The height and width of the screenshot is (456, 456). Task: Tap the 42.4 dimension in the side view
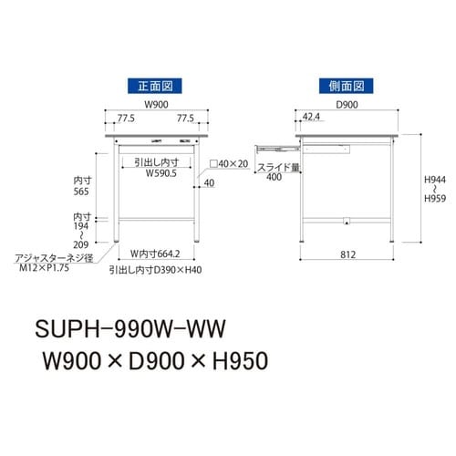point(309,118)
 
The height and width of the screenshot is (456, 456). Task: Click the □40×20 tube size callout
point(230,164)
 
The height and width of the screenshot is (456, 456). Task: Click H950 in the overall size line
point(233,360)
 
